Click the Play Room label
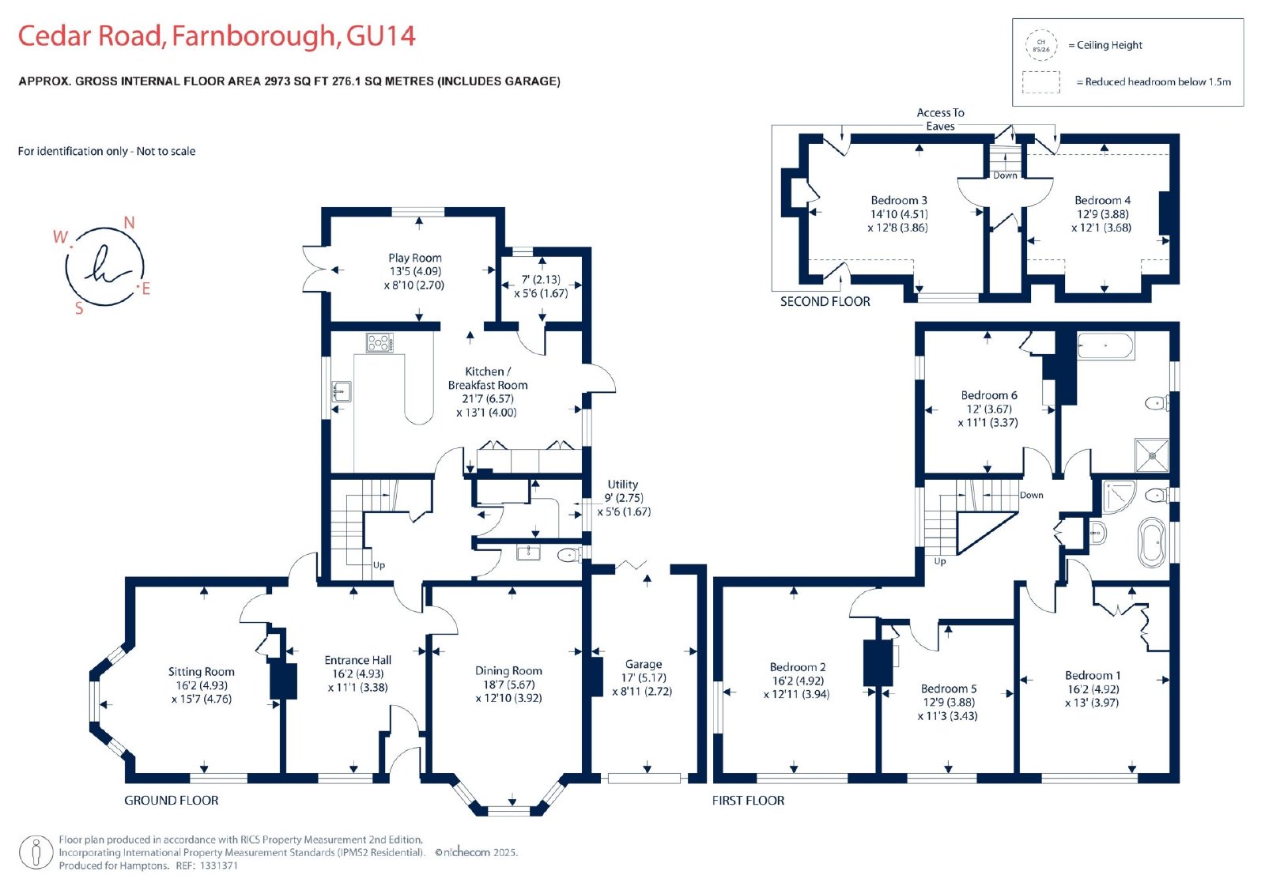click(415, 258)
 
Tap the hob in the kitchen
click(379, 343)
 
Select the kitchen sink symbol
click(341, 391)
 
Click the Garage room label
click(644, 664)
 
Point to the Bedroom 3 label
click(899, 200)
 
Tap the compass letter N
click(130, 223)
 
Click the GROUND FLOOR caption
click(171, 800)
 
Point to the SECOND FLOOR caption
click(825, 302)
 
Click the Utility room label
click(622, 484)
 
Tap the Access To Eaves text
click(940, 119)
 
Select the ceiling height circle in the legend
click(1041, 46)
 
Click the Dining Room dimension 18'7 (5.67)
click(509, 684)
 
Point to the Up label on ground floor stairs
click(379, 564)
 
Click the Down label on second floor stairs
click(1005, 175)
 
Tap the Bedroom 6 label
click(989, 394)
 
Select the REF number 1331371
click(217, 866)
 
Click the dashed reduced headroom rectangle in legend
click(1040, 82)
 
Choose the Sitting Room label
click(201, 672)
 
